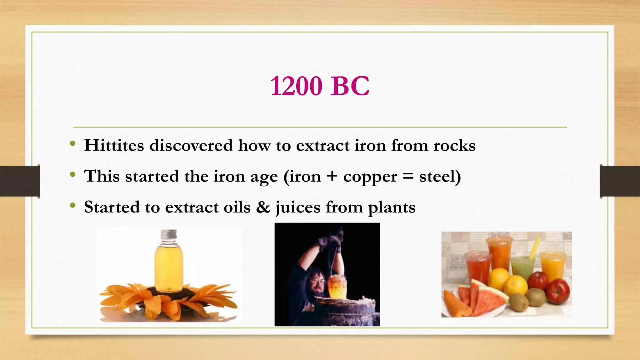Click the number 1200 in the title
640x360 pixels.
296,86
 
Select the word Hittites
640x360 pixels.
114,145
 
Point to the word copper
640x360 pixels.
370,177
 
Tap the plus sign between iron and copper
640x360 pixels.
332,176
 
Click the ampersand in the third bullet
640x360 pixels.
263,207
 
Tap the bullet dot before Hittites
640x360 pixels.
73,144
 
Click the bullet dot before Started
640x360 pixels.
73,205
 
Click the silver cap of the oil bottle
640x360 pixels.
169,234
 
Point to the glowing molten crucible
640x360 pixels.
337,286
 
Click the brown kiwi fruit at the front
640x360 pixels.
518,302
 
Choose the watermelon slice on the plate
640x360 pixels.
487,297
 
